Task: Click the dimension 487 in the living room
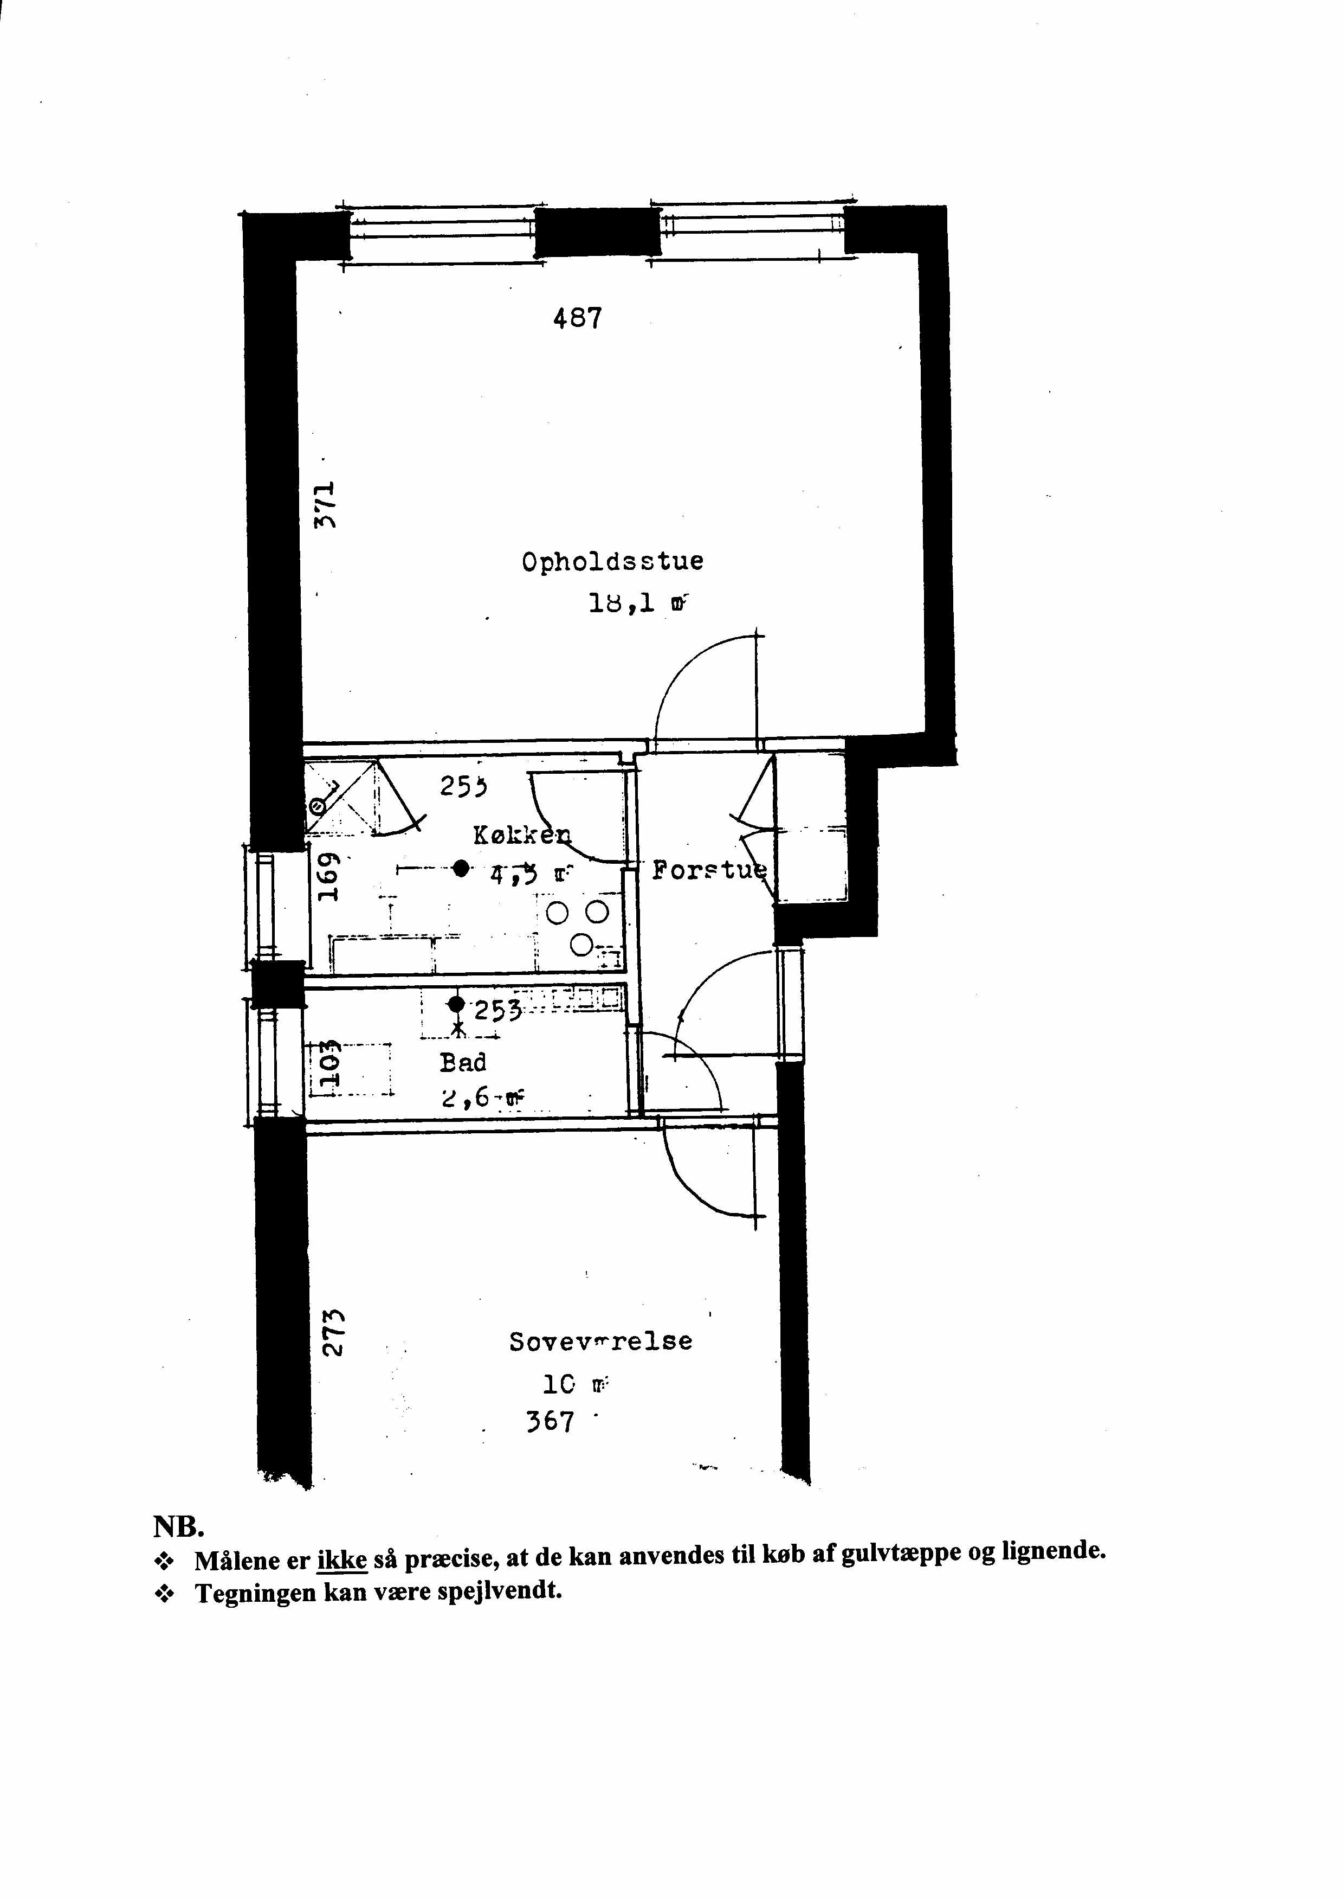coord(577,318)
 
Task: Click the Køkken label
coord(521,836)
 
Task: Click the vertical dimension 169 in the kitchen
coord(329,876)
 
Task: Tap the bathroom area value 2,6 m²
coord(482,1099)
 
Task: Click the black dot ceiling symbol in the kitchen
coord(461,868)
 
